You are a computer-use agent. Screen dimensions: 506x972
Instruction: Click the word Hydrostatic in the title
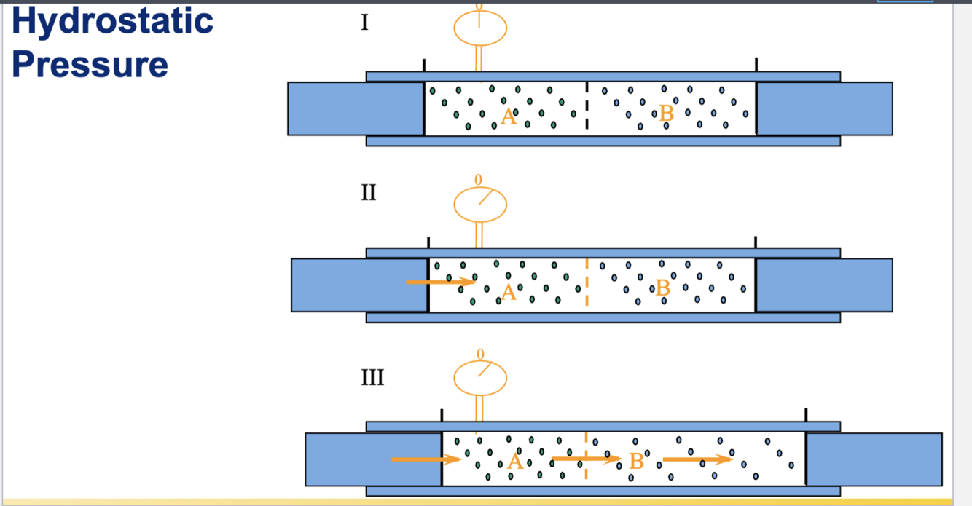113,21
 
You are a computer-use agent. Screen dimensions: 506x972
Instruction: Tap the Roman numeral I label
364,23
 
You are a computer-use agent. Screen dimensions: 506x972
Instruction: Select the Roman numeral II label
368,193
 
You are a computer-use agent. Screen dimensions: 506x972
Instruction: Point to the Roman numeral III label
372,378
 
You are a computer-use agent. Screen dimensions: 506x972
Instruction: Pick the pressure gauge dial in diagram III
479,378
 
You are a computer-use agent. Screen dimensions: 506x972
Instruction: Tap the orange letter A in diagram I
509,116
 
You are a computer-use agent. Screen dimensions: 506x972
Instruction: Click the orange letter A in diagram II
509,293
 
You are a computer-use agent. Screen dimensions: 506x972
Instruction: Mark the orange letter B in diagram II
663,288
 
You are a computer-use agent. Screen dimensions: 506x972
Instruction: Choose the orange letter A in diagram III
515,461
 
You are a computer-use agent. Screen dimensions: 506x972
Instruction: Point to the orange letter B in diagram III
637,461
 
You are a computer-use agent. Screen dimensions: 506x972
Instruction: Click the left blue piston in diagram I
356,108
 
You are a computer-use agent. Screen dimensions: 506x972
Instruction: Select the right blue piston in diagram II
823,285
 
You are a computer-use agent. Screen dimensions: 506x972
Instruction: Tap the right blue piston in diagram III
874,459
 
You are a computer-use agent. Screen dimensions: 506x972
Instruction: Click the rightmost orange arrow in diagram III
696,459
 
